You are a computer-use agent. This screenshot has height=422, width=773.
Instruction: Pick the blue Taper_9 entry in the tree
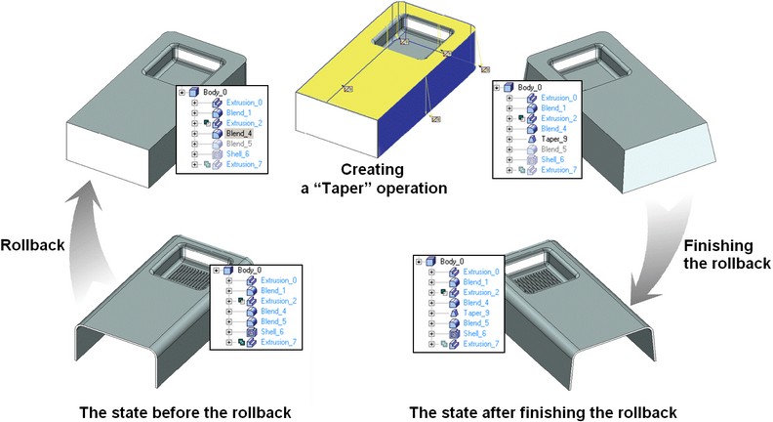click(x=477, y=313)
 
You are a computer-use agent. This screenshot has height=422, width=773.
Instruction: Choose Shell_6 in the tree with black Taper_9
click(x=554, y=159)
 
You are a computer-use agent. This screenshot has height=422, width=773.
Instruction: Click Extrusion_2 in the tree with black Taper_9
click(x=560, y=118)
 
